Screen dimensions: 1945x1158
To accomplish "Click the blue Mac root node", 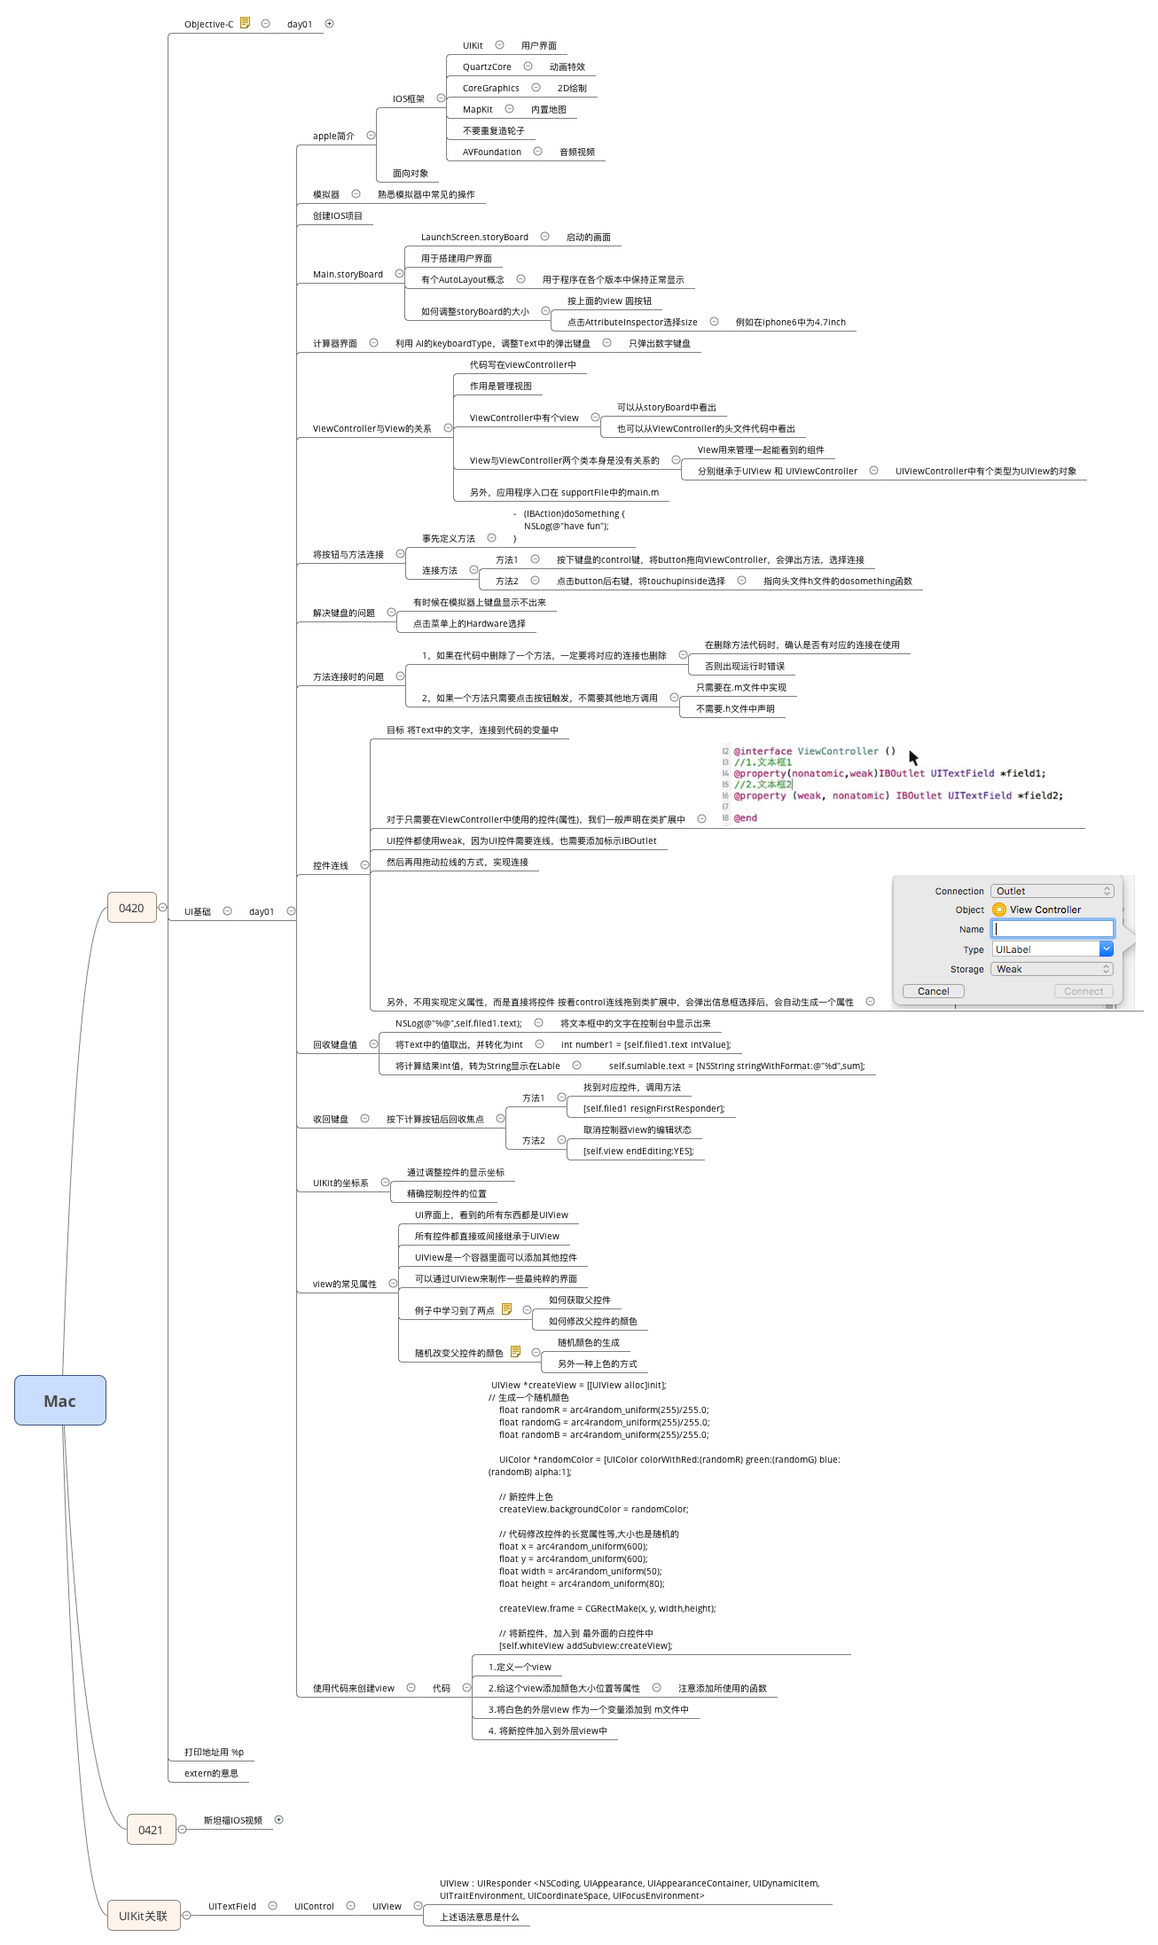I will [x=59, y=1401].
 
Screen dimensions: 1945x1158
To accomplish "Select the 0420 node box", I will [x=131, y=908].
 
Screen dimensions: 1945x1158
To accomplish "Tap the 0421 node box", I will [x=151, y=1830].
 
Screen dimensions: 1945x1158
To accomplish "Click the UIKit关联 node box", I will [x=143, y=1916].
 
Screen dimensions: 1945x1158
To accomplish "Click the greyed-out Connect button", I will [x=1083, y=991].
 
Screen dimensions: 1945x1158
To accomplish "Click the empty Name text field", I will [x=1053, y=929].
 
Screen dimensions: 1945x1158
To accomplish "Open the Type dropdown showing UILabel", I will [x=1052, y=949].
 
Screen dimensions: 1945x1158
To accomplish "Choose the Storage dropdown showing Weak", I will [x=1052, y=969].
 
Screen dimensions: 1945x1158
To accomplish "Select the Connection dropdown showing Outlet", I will [x=1052, y=891].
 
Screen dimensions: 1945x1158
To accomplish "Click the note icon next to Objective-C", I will [x=246, y=23].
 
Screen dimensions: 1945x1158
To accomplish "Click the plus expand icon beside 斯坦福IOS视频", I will [x=278, y=1819].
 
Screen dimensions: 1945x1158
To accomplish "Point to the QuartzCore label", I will [x=486, y=67].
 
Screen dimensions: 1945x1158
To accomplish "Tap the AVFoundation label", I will [x=491, y=152].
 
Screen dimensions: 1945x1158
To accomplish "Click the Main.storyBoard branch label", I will [x=348, y=275].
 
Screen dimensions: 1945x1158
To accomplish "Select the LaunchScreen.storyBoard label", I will [x=474, y=238].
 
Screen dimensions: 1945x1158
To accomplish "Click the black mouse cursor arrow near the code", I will [x=913, y=757].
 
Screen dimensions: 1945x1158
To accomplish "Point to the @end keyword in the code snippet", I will [x=745, y=818].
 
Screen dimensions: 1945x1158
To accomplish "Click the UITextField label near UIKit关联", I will [x=231, y=1906].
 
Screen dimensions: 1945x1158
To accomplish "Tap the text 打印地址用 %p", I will [x=214, y=1752].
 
